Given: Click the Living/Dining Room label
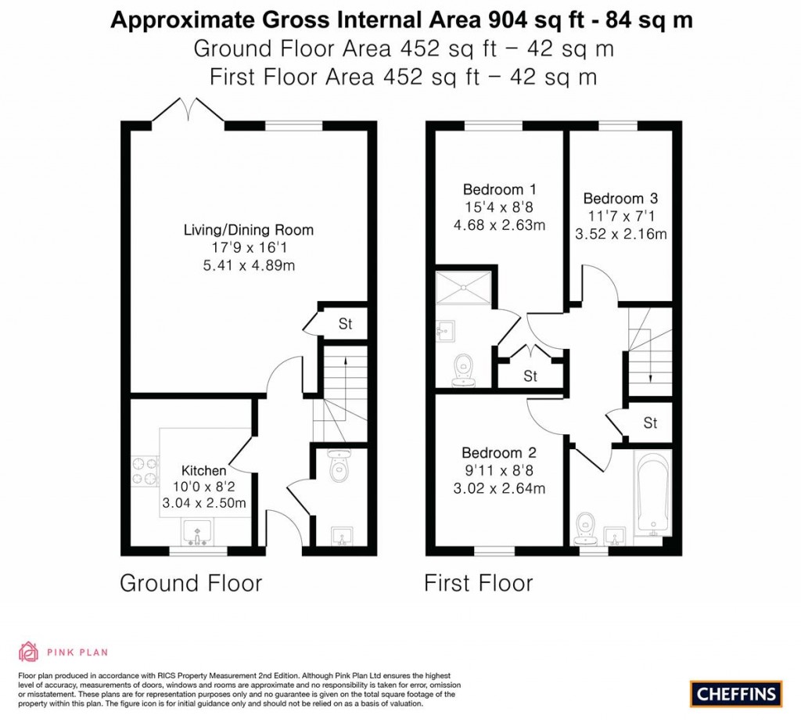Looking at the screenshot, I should [x=248, y=230].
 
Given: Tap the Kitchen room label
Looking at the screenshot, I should [x=203, y=471].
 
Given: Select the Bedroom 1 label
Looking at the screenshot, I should [x=499, y=189].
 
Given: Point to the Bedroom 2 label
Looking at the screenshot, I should [x=498, y=453].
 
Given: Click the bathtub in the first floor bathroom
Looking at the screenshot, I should [x=651, y=494].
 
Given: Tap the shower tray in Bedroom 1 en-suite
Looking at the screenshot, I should [x=465, y=286].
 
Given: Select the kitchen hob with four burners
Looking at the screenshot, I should [x=144, y=469].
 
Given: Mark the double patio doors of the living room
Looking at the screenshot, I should [x=188, y=111].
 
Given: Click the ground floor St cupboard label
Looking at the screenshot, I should [x=345, y=323].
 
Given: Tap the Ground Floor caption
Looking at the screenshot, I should [x=190, y=583].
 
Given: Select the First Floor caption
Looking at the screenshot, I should [x=478, y=583].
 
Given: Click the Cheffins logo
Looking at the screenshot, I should [x=735, y=693].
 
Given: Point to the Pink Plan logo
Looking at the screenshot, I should [x=63, y=651].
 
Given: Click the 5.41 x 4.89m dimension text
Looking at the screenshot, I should [x=248, y=266].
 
